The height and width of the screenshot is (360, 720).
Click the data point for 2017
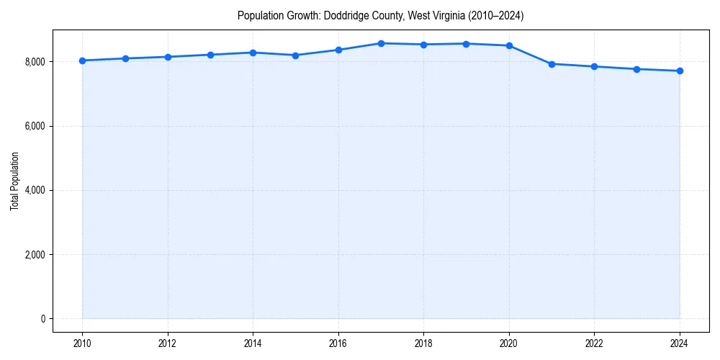[x=381, y=43]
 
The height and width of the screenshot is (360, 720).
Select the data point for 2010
[x=82, y=60]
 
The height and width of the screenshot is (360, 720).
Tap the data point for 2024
[x=680, y=71]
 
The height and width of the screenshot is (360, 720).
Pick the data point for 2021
[x=552, y=64]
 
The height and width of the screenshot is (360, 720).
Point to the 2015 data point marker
[x=296, y=55]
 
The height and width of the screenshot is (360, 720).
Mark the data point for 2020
[x=509, y=45]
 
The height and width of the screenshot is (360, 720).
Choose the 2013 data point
[x=210, y=55]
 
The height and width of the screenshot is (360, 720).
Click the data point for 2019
[x=467, y=44]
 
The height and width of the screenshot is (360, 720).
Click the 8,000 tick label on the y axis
[x=33, y=62]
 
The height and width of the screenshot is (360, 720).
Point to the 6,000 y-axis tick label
[x=33, y=126]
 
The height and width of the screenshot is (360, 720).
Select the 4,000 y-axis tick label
[x=33, y=190]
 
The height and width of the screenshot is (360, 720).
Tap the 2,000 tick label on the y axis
[x=33, y=255]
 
